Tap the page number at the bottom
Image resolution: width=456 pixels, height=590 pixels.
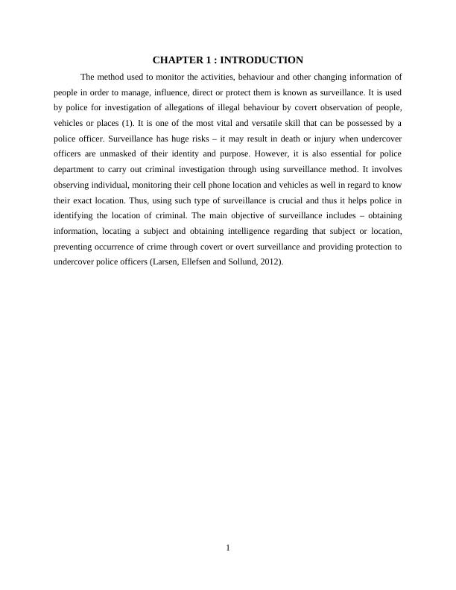point(228,549)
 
